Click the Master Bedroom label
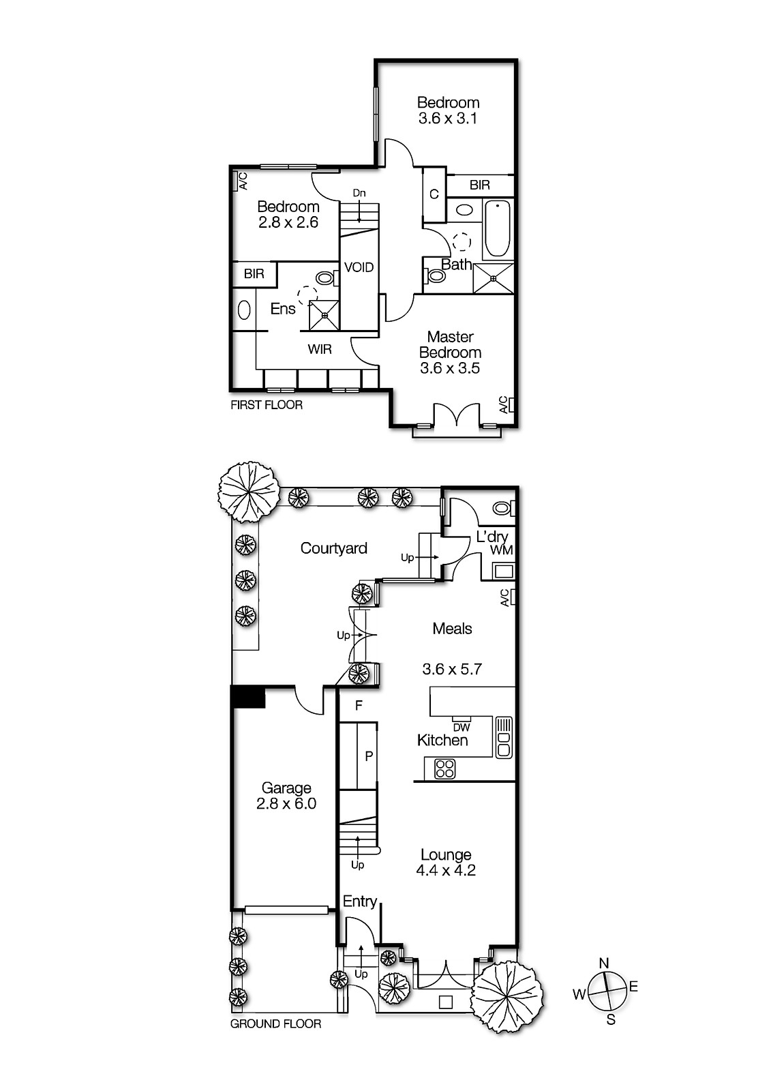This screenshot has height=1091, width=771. (450, 344)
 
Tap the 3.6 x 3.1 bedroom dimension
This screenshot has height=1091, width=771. (448, 118)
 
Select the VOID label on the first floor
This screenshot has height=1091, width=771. (359, 267)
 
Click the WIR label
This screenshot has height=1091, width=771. (320, 349)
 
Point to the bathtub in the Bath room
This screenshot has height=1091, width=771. (498, 228)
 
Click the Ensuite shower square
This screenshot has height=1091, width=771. (324, 314)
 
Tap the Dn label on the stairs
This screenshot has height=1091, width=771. (359, 194)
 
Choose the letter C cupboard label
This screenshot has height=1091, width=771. (434, 194)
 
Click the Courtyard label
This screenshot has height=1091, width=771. (333, 548)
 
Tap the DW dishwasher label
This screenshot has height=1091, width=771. (462, 728)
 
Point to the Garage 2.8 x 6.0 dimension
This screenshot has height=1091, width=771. (286, 804)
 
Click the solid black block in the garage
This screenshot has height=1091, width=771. (248, 697)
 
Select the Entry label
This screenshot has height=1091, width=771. (359, 901)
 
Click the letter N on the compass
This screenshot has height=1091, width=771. (603, 963)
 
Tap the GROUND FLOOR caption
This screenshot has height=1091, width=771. (275, 1023)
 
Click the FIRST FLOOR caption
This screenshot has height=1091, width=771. (267, 405)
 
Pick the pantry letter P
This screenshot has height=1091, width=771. (369, 756)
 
